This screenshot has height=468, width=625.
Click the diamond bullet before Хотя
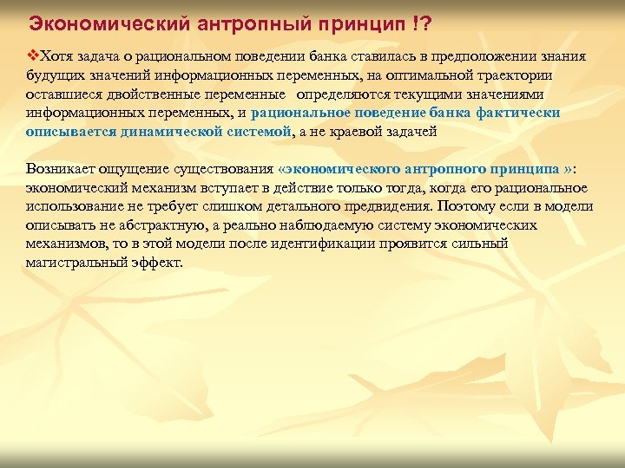point(33,56)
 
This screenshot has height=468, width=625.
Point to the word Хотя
point(56,56)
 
